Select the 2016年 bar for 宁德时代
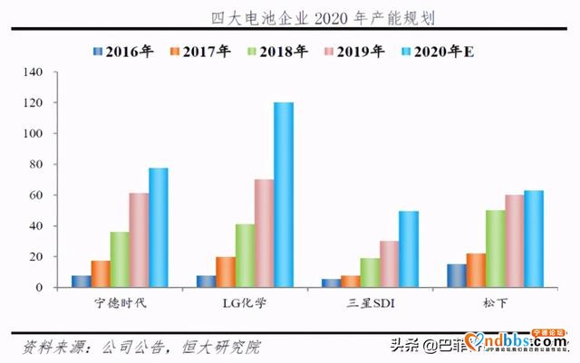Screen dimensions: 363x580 (x=81, y=282)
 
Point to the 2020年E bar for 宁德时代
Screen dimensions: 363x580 (x=159, y=227)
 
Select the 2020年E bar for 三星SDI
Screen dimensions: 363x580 (x=409, y=249)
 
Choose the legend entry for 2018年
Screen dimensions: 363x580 (x=271, y=51)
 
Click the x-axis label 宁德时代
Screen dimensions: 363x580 (x=120, y=301)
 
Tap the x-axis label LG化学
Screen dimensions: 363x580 (x=245, y=301)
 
